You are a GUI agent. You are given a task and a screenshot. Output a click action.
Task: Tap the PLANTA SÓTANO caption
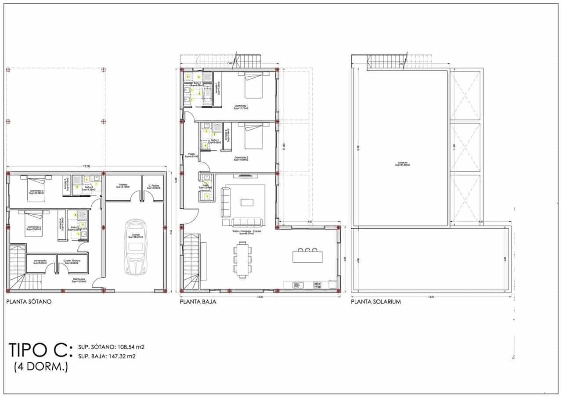pos(29,302)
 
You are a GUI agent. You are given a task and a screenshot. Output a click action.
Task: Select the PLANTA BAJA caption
pos(198,302)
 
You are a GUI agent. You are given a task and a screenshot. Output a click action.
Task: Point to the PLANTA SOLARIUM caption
pos(376,302)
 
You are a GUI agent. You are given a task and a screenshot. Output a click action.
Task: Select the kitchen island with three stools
pos(307,256)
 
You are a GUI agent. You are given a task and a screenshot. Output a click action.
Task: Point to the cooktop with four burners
pos(317,285)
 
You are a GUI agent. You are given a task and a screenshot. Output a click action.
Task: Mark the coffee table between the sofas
pos(247,202)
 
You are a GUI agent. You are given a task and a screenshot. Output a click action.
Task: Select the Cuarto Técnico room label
pos(72,262)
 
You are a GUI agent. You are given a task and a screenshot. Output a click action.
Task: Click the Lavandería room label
pos(41,262)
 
